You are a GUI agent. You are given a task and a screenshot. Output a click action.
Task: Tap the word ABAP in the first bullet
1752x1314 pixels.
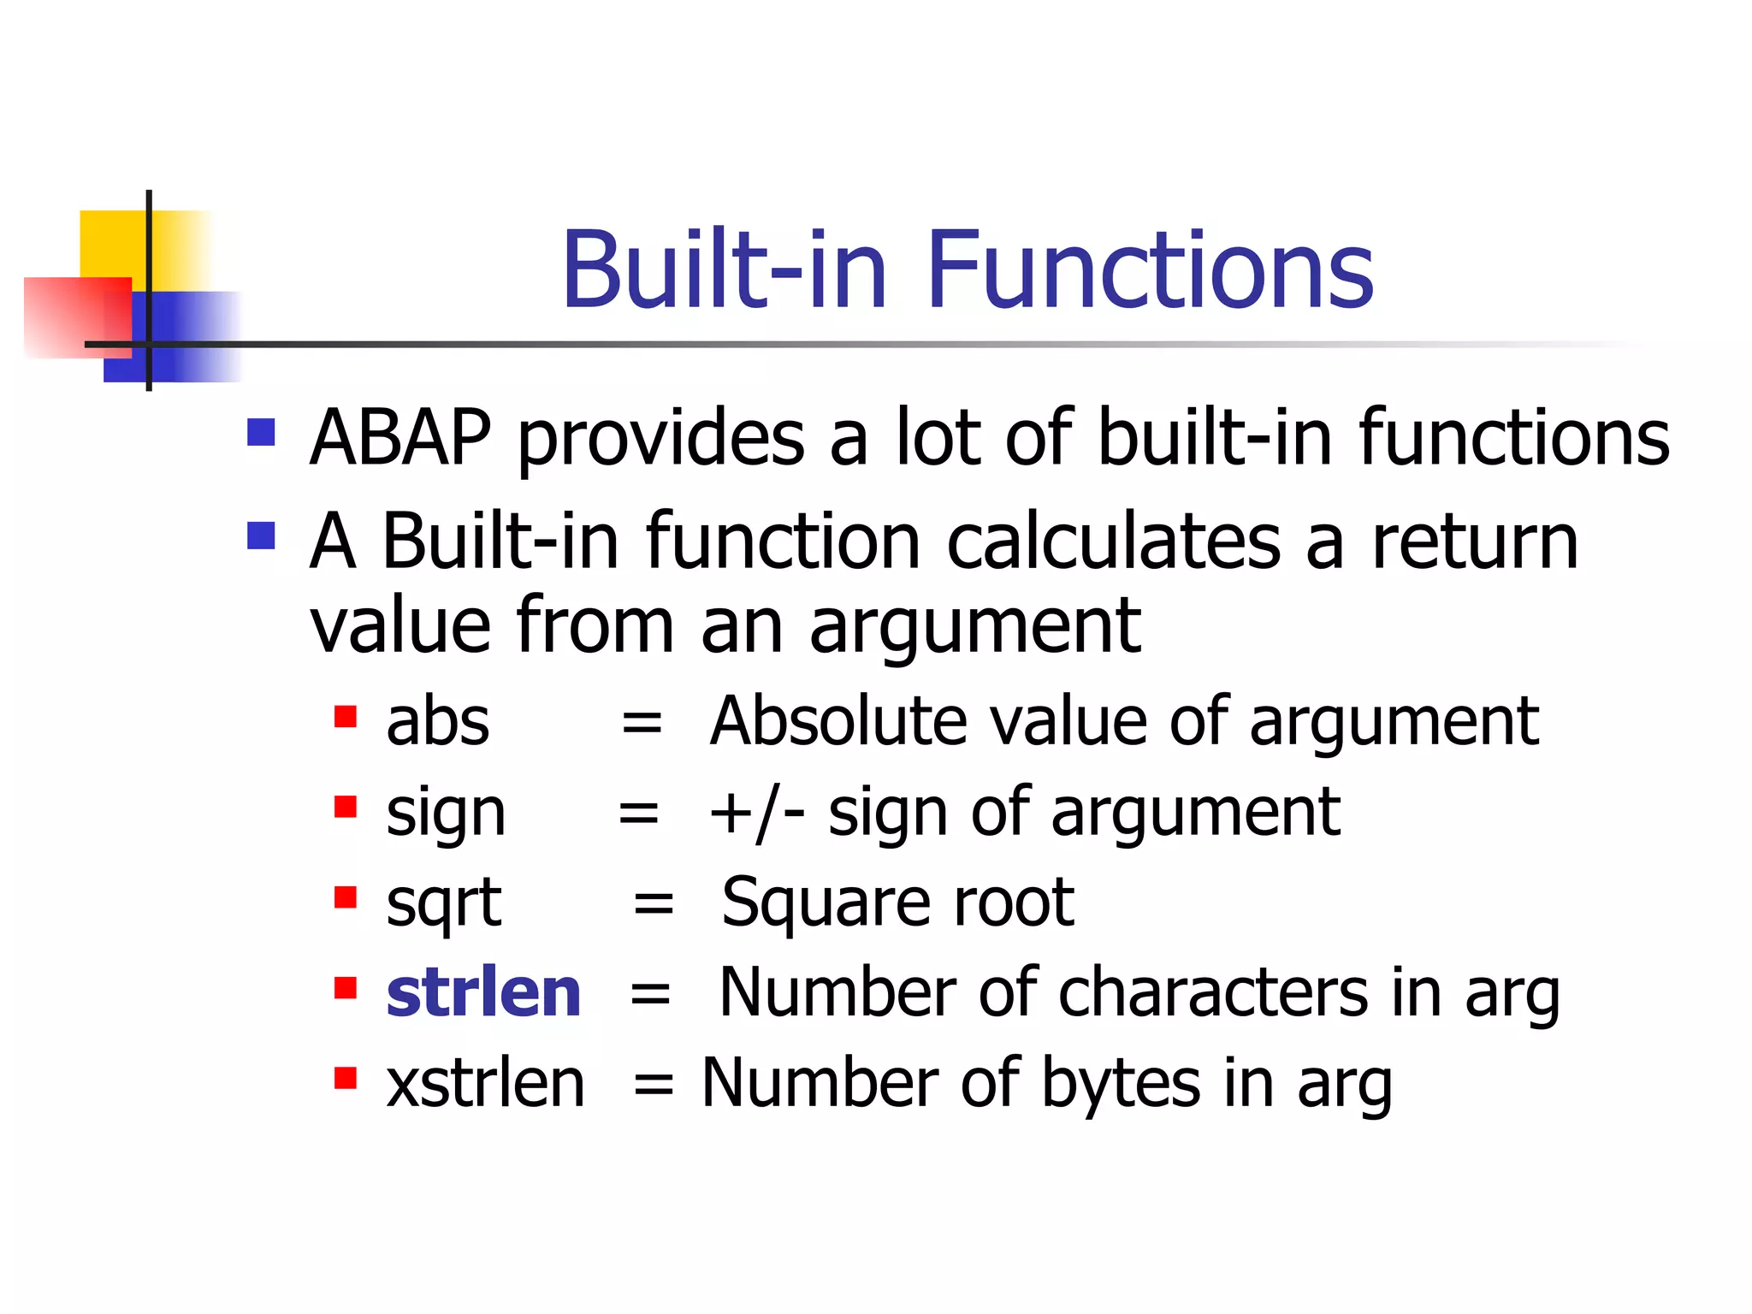pyautogui.click(x=400, y=438)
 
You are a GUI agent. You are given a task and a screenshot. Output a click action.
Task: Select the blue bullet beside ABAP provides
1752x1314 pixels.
pyautogui.click(x=261, y=432)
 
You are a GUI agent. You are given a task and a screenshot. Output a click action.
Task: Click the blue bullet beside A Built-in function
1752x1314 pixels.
pyautogui.click(x=261, y=536)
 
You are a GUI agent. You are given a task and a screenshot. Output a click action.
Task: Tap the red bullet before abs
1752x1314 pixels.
pyautogui.click(x=345, y=716)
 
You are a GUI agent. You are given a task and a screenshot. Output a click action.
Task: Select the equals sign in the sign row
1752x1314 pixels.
pyautogui.click(x=638, y=813)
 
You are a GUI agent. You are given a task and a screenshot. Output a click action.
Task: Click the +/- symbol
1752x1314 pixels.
pyautogui.click(x=756, y=813)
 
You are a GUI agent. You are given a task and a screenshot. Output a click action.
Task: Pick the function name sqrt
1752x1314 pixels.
pyautogui.click(x=442, y=903)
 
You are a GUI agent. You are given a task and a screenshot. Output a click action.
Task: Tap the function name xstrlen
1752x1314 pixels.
pyautogui.click(x=485, y=1084)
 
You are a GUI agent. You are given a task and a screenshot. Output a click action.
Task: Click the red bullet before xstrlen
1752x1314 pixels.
pyautogui.click(x=345, y=1078)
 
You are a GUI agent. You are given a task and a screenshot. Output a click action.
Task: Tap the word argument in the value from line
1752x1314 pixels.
pyautogui.click(x=974, y=627)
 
